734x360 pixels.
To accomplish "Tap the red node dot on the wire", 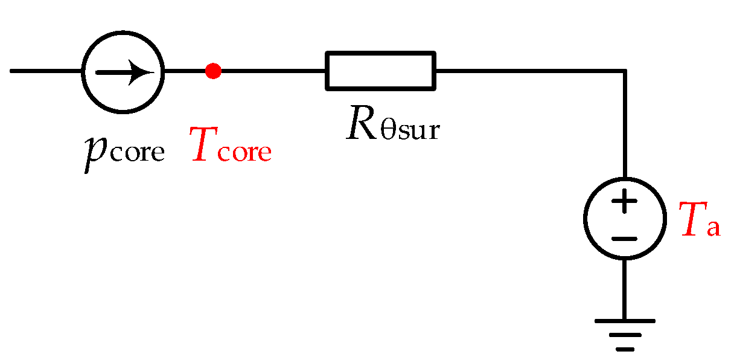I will pyautogui.click(x=212, y=71).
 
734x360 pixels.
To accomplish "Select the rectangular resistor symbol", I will pyautogui.click(x=380, y=71).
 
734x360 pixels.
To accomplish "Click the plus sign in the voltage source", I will pyautogui.click(x=625, y=201).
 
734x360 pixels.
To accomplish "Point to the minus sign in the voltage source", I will pyautogui.click(x=625, y=238).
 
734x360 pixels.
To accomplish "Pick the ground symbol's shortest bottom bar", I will pyautogui.click(x=625, y=349).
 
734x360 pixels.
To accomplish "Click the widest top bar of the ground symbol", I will pyautogui.click(x=625, y=321).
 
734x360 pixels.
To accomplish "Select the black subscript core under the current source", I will pyautogui.click(x=136, y=152).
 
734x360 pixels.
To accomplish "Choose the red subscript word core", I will pyautogui.click(x=244, y=152).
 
